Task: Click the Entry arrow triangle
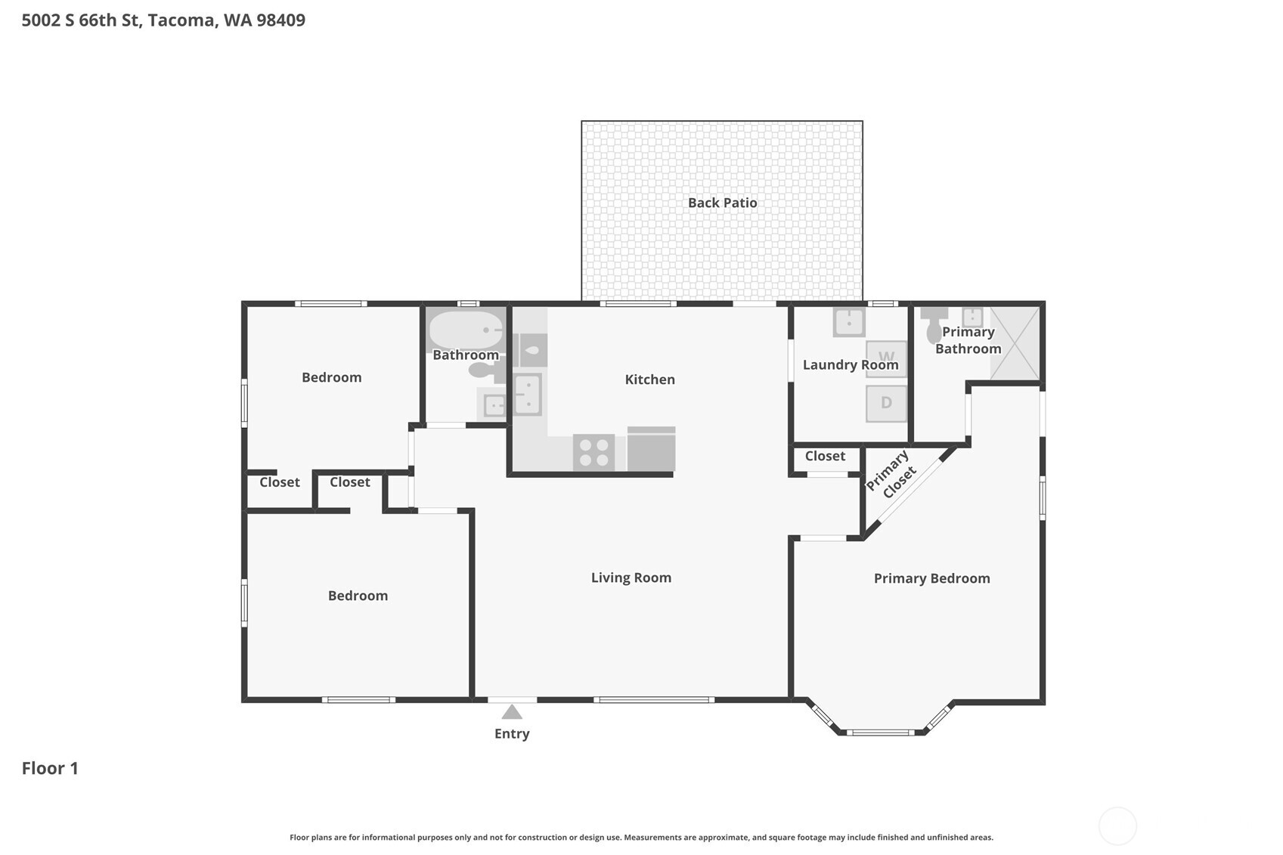click(512, 712)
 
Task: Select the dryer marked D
click(886, 403)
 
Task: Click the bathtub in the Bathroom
click(466, 330)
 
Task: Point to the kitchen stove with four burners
click(593, 452)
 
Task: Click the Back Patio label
click(722, 203)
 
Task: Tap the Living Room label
click(631, 578)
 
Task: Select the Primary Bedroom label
click(931, 578)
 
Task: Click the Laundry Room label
click(850, 364)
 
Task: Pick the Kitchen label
click(649, 379)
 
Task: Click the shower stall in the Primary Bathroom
click(1015, 342)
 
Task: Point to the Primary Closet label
click(891, 474)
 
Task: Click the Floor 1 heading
click(50, 768)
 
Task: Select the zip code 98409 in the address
click(280, 20)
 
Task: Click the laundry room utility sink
click(849, 321)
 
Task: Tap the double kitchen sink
click(528, 394)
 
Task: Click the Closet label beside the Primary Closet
click(825, 456)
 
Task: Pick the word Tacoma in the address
click(181, 20)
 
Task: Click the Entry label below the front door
click(512, 733)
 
